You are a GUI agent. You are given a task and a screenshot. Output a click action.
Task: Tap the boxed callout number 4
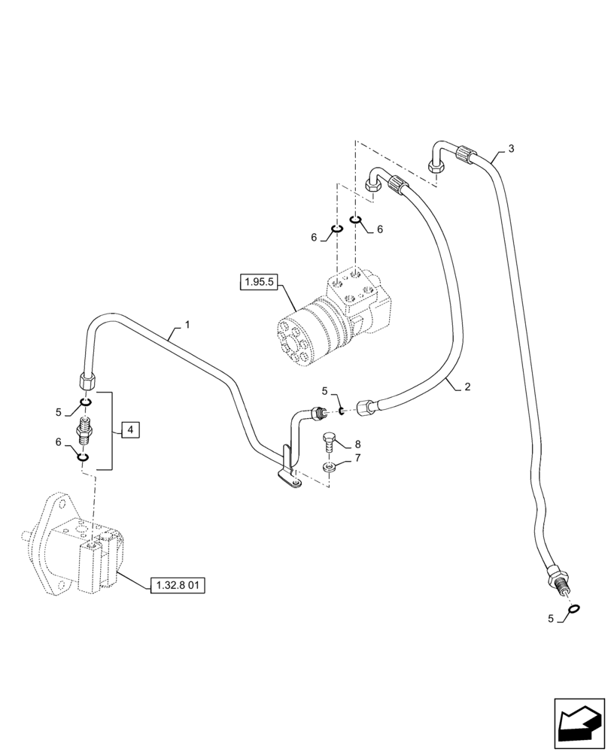click(x=129, y=430)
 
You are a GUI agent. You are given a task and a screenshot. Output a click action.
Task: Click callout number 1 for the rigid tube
click(x=187, y=325)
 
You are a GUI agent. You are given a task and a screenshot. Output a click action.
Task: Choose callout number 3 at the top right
click(x=511, y=149)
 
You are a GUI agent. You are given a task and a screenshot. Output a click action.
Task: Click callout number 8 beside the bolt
click(x=357, y=444)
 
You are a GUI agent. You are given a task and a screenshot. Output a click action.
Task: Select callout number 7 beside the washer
click(x=357, y=457)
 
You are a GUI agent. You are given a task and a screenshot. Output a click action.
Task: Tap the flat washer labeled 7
click(x=330, y=469)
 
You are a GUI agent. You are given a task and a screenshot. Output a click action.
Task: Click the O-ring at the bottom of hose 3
click(x=573, y=609)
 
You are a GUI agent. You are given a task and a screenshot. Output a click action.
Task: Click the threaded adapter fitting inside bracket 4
click(x=85, y=433)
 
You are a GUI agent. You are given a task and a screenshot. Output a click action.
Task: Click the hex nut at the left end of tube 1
click(x=86, y=379)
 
